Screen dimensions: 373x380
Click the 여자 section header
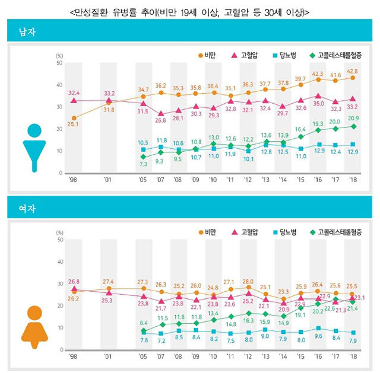point(27,208)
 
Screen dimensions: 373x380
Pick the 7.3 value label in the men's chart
point(143,163)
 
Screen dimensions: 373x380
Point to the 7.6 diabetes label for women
point(143,340)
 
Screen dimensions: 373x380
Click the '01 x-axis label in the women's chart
point(108,356)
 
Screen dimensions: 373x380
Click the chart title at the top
point(189,10)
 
